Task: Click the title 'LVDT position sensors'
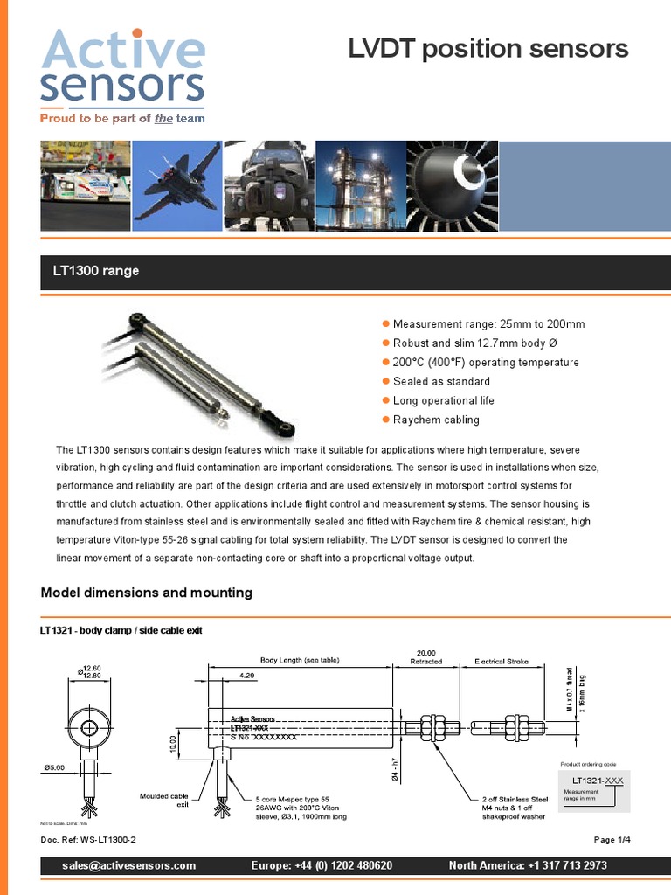pyautogui.click(x=488, y=49)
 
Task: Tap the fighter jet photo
pyautogui.click(x=178, y=185)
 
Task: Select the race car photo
pyautogui.click(x=86, y=185)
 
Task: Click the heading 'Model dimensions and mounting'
pyautogui.click(x=147, y=593)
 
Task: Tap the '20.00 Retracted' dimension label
pyautogui.click(x=426, y=656)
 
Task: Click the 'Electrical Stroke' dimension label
pyautogui.click(x=502, y=662)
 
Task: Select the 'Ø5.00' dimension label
pyautogui.click(x=53, y=767)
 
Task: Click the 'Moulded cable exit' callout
pyautogui.click(x=164, y=800)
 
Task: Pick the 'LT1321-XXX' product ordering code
pyautogui.click(x=598, y=780)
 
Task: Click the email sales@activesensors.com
pyautogui.click(x=129, y=865)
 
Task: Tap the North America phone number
pyautogui.click(x=528, y=865)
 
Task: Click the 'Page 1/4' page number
pyautogui.click(x=612, y=839)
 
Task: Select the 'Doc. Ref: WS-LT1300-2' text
pyautogui.click(x=89, y=839)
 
